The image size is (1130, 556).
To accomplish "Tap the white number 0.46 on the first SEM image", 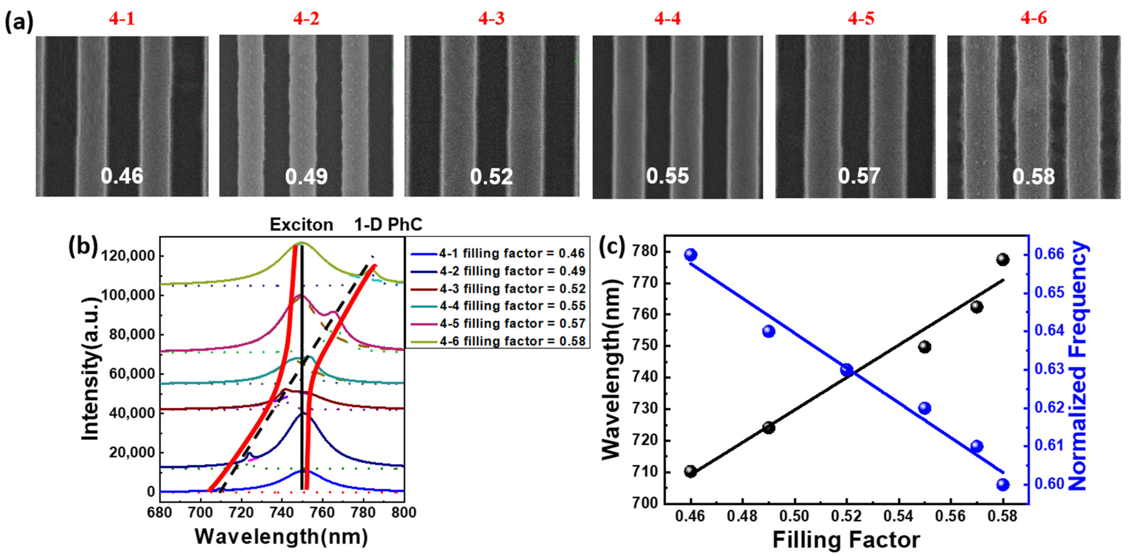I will click(122, 176).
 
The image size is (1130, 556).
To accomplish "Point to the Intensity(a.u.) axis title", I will click(90, 368).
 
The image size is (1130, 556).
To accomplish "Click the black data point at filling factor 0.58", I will click(1003, 259).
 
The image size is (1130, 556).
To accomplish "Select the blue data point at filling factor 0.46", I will click(691, 255).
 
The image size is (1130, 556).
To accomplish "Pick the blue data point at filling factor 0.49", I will click(769, 332).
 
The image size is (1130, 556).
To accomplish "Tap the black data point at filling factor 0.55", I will click(925, 347).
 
